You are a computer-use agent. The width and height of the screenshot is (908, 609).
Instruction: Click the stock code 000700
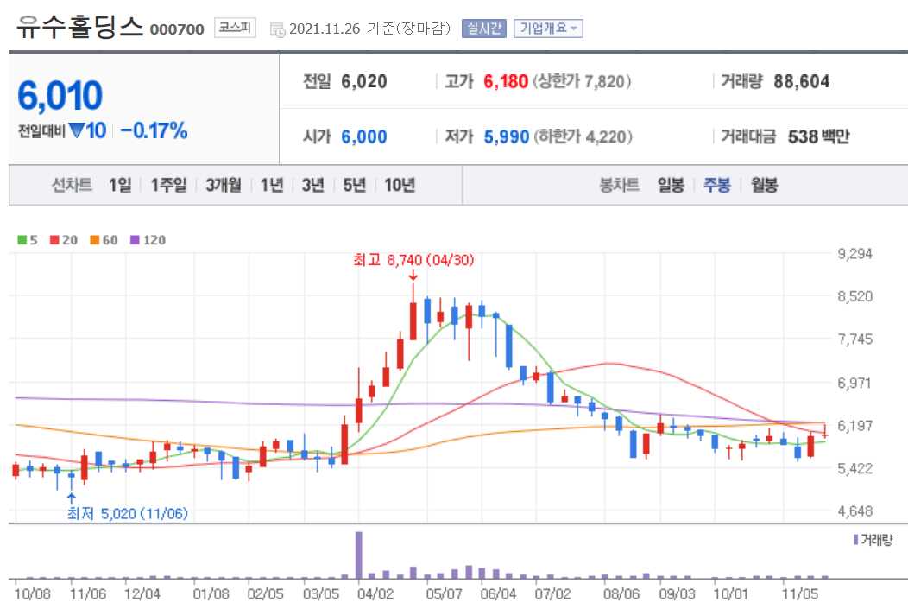[x=177, y=29]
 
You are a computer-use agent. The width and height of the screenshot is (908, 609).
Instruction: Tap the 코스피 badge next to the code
[x=235, y=28]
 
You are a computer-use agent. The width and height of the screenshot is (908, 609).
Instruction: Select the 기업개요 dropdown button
[x=548, y=29]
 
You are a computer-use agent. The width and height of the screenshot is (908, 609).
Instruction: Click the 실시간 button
[x=485, y=29]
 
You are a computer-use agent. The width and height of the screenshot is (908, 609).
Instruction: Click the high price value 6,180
[x=505, y=81]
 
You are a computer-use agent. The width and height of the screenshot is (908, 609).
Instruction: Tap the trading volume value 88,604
[x=802, y=81]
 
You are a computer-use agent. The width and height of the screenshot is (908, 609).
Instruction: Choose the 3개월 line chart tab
[x=224, y=185]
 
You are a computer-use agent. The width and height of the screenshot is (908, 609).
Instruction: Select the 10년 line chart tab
[x=400, y=185]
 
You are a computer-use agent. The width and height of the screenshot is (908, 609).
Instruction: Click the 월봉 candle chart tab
[x=764, y=185]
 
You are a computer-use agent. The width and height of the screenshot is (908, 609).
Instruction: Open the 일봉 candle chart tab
[x=671, y=185]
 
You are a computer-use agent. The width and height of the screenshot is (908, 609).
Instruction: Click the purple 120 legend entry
[x=148, y=239]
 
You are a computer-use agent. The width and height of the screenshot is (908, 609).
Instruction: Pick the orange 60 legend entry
[x=104, y=239]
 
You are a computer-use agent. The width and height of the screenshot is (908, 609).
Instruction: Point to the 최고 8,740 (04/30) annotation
[x=413, y=258]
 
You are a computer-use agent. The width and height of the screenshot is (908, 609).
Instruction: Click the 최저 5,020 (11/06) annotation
[x=128, y=513]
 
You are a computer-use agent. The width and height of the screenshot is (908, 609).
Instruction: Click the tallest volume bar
[x=359, y=555]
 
